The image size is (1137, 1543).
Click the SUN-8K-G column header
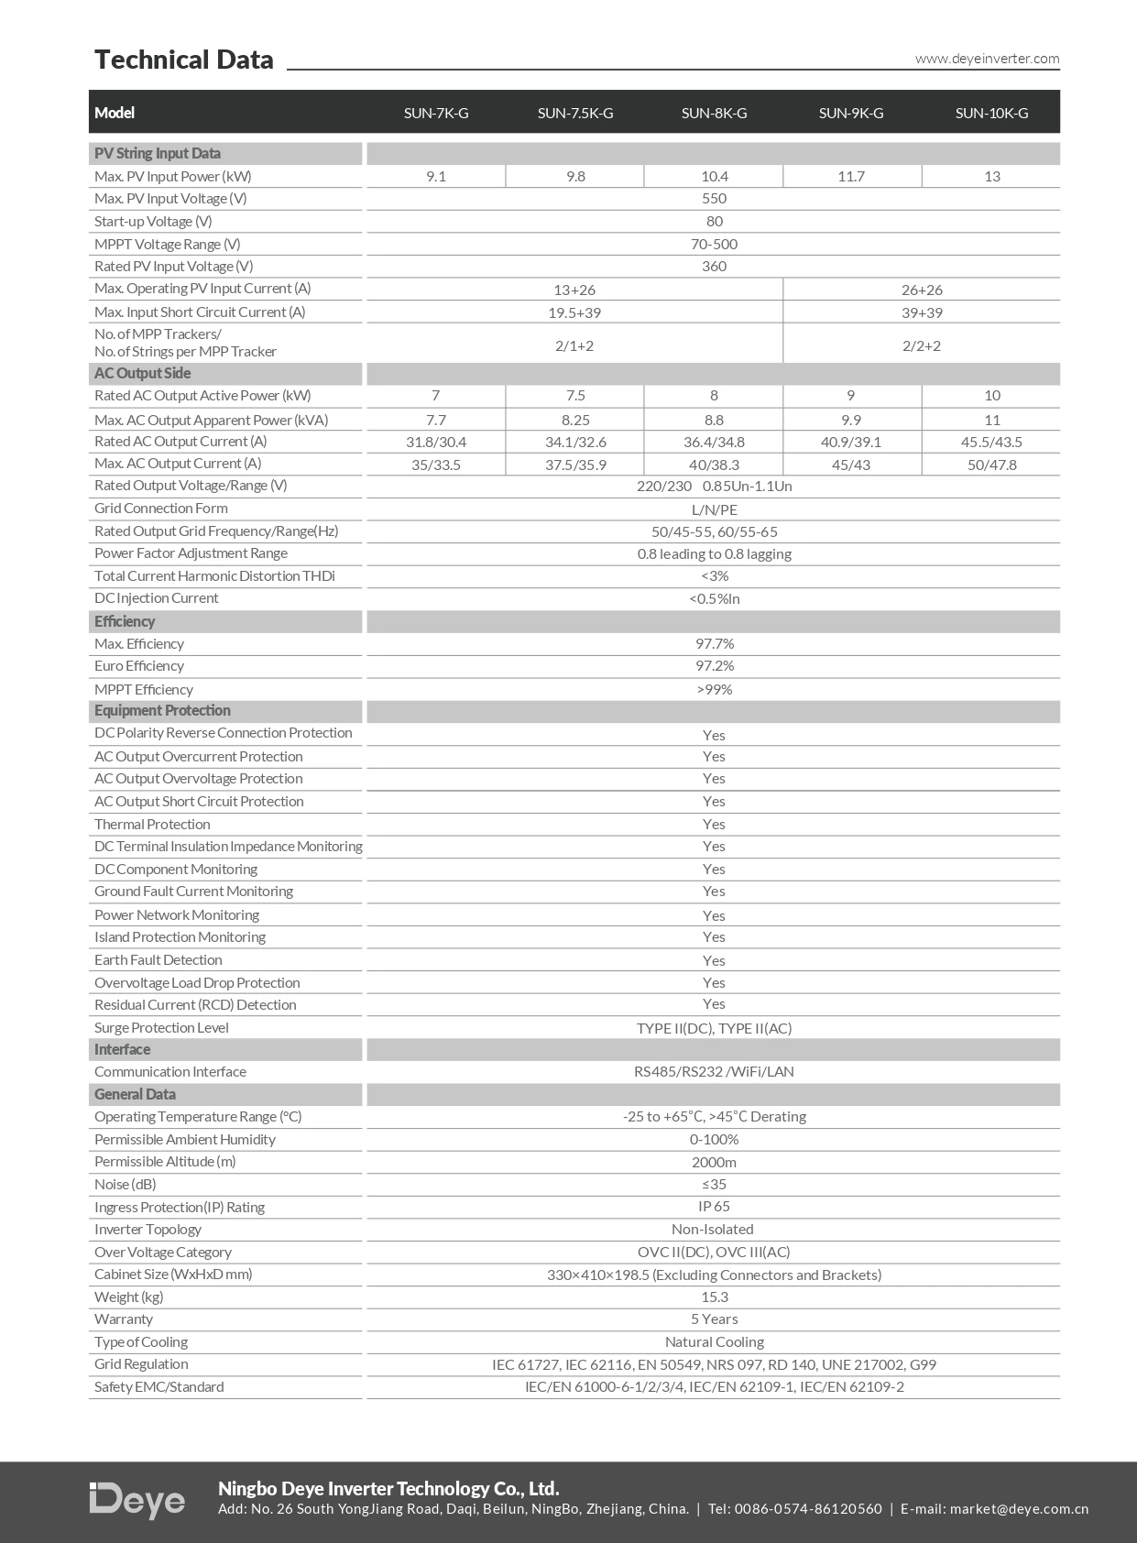click(x=714, y=114)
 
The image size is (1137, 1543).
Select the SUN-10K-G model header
click(x=991, y=114)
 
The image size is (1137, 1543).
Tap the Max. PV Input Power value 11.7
click(x=851, y=177)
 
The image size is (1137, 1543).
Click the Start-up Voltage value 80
click(x=714, y=222)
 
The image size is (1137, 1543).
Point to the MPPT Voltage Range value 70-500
click(x=714, y=245)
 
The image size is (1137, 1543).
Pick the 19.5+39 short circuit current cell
click(x=574, y=312)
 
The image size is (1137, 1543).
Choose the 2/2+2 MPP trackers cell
click(x=921, y=345)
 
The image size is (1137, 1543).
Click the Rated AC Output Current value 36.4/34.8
click(x=714, y=442)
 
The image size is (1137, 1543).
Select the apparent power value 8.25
click(x=574, y=420)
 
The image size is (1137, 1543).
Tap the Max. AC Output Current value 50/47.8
click(x=991, y=465)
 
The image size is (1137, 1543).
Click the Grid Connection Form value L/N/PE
click(x=714, y=509)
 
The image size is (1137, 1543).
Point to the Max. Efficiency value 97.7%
click(x=714, y=644)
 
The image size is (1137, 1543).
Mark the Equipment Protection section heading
click(x=162, y=711)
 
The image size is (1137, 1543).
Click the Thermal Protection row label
click(x=152, y=825)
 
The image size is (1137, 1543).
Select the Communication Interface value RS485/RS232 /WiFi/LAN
click(x=714, y=1072)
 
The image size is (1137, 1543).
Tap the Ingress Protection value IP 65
click(x=714, y=1207)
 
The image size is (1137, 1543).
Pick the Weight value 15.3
click(x=714, y=1297)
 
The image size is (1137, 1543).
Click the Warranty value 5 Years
click(x=714, y=1319)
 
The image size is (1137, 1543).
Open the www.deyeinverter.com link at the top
click(x=987, y=59)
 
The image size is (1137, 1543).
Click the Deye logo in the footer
click(x=137, y=1500)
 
